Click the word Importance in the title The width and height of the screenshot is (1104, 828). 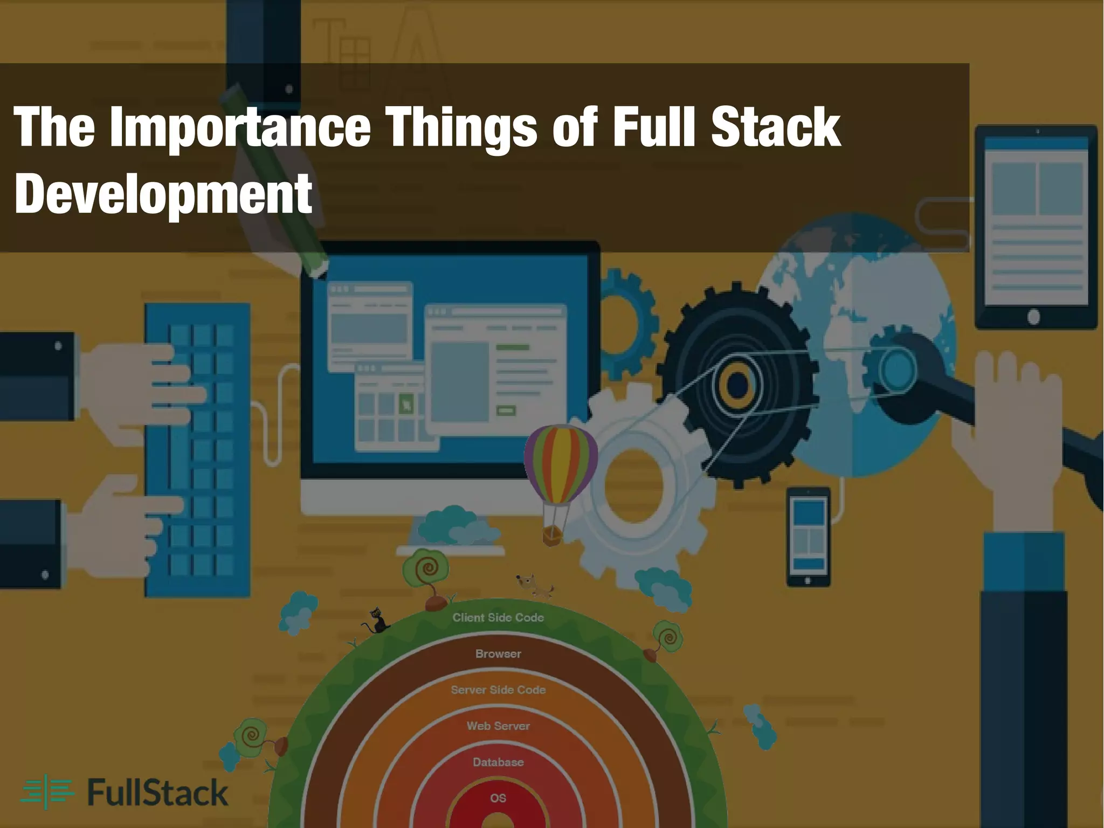tap(240, 128)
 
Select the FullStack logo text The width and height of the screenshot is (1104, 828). tap(157, 793)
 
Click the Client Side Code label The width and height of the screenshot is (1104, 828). tap(498, 618)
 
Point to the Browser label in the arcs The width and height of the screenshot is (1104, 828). tap(498, 654)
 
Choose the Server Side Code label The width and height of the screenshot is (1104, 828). tap(498, 690)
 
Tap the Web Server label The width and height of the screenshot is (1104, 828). tap(498, 726)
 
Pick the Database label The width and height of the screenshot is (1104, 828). tap(498, 762)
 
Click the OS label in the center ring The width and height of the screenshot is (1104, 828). tap(498, 798)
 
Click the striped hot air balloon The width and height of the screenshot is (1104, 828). tap(560, 464)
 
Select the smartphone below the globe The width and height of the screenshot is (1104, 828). tap(808, 537)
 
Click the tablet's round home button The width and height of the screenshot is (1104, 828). tap(1033, 317)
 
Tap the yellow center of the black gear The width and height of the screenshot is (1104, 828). tap(737, 385)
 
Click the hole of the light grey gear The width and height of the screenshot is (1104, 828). tap(633, 485)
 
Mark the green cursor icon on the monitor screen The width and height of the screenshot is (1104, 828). tap(406, 402)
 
